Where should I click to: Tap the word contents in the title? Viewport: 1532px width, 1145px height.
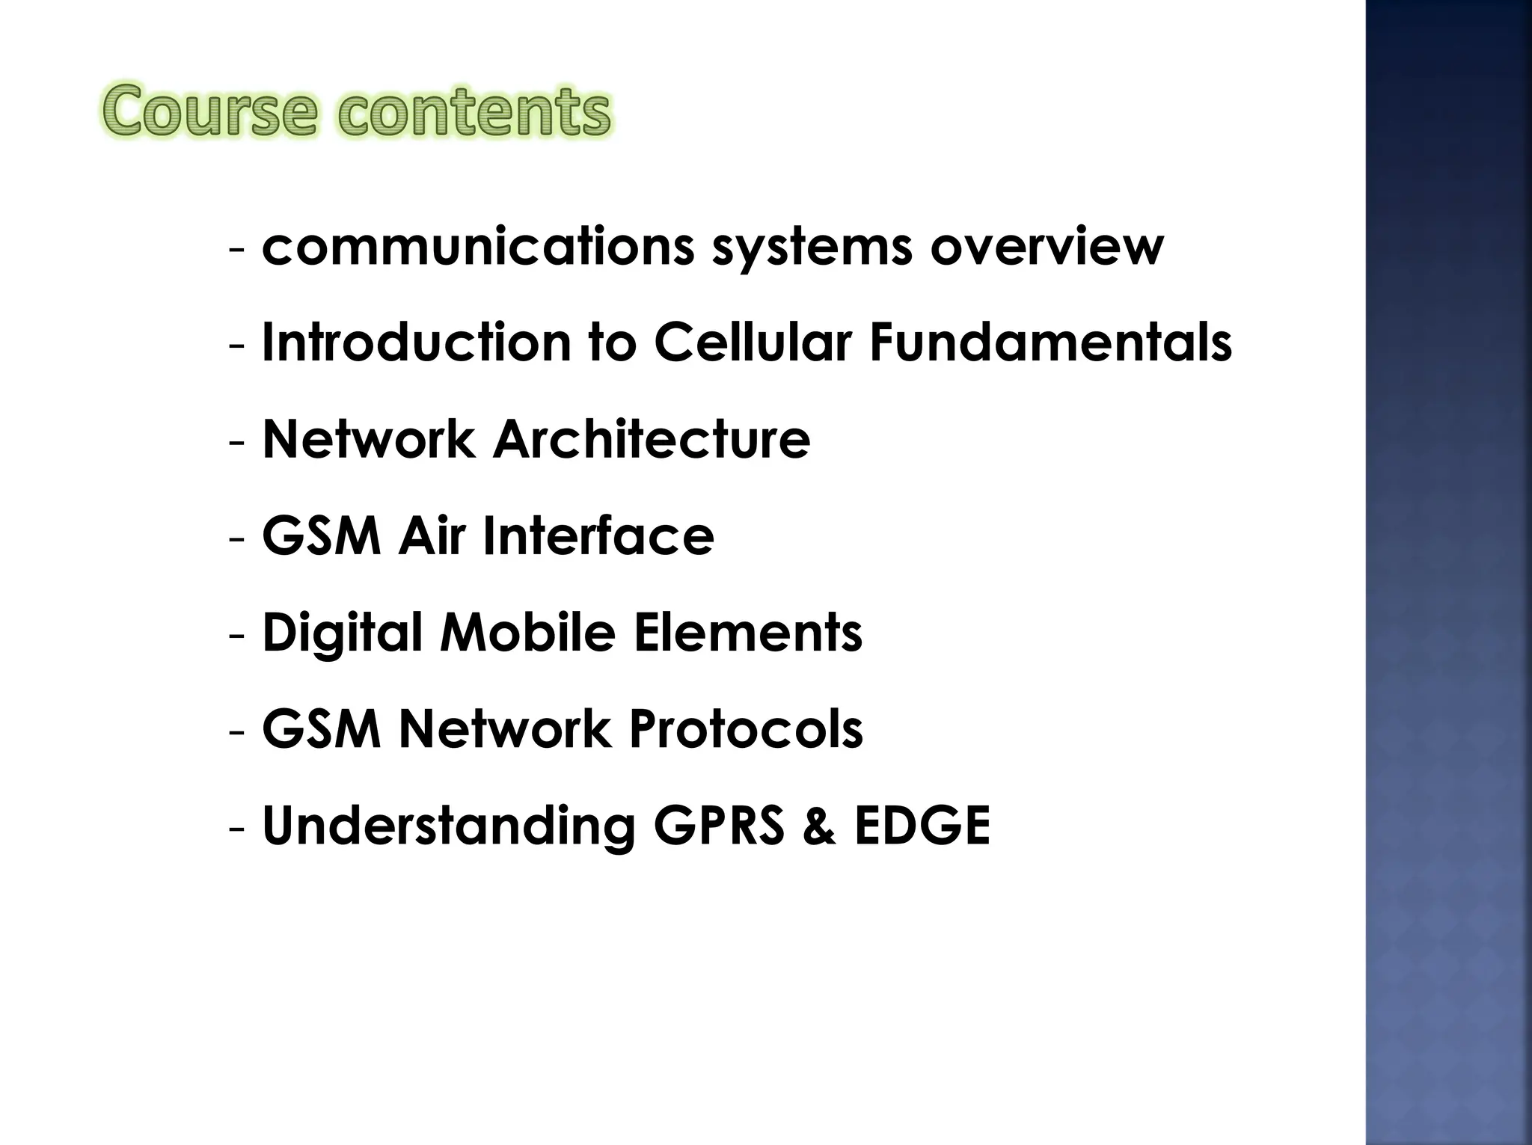point(474,112)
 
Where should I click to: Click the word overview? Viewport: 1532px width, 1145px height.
point(1047,246)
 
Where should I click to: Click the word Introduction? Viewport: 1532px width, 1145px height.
point(416,342)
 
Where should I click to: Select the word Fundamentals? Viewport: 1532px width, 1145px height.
point(1050,342)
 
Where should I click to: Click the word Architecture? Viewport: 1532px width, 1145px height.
point(651,439)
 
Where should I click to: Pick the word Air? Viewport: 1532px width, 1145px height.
point(431,535)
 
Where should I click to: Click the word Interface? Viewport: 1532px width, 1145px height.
point(598,535)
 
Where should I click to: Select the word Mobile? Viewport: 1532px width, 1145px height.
point(527,632)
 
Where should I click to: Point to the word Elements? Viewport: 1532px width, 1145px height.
point(747,632)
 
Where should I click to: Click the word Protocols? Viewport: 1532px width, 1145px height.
point(746,728)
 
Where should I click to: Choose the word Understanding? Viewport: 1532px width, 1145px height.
point(448,826)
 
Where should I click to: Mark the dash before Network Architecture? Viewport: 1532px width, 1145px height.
point(237,440)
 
